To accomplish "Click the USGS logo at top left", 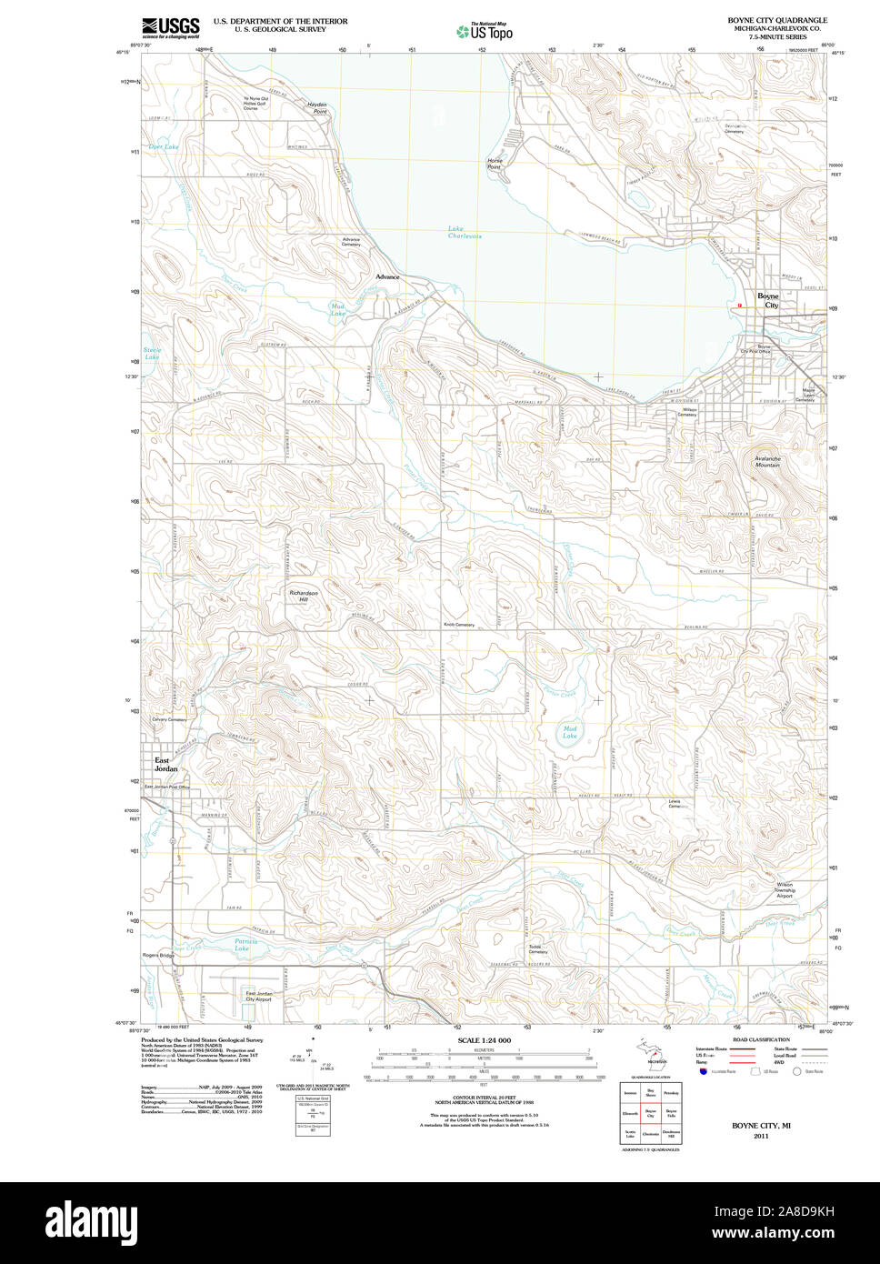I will tap(171, 27).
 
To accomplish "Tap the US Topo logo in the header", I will tap(485, 32).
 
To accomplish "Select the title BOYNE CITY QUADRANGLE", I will tap(776, 20).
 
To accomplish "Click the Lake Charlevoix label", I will tap(464, 232).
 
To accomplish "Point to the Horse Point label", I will tap(494, 164).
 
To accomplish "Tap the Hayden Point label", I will tap(316, 107).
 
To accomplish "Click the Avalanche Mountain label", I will tap(766, 461).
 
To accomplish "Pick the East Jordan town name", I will tap(165, 764).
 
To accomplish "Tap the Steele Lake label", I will tap(152, 354).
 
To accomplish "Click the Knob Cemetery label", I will tap(458, 625).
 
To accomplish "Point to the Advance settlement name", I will tap(387, 277).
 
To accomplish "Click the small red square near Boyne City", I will tap(740, 306).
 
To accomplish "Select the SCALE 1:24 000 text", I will tap(484, 1040).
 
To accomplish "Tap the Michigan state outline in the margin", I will tap(649, 1056).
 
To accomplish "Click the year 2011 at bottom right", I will tap(760, 1136).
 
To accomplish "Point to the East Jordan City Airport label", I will tap(258, 996).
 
